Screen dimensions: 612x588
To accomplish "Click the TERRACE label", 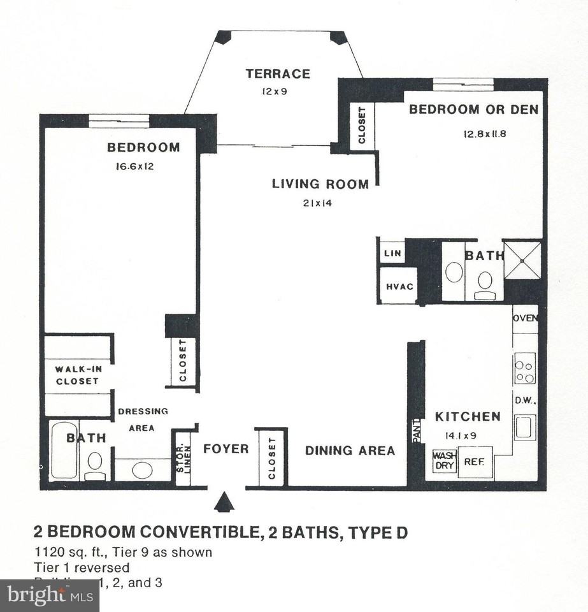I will coord(278,74).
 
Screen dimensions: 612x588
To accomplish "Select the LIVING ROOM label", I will coord(320,185).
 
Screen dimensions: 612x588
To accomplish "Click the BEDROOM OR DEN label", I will coord(473,110).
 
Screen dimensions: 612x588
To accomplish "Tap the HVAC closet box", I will coord(399,287).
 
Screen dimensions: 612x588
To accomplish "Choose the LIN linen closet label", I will coord(392,253).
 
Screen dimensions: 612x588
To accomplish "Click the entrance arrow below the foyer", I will coord(224,502).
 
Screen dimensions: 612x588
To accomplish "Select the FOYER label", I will coord(226,449).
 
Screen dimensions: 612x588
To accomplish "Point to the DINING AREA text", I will coord(350,451).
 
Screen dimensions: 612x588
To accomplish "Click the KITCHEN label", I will coord(467,417).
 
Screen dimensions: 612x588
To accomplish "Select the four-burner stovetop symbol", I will coord(525,371).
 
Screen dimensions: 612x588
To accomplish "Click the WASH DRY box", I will coord(443,461).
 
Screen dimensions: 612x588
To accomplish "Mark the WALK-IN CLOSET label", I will coord(77,375).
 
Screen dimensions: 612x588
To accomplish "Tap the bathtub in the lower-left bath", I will coord(64,451).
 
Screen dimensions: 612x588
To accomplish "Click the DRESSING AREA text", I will coord(143,419).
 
